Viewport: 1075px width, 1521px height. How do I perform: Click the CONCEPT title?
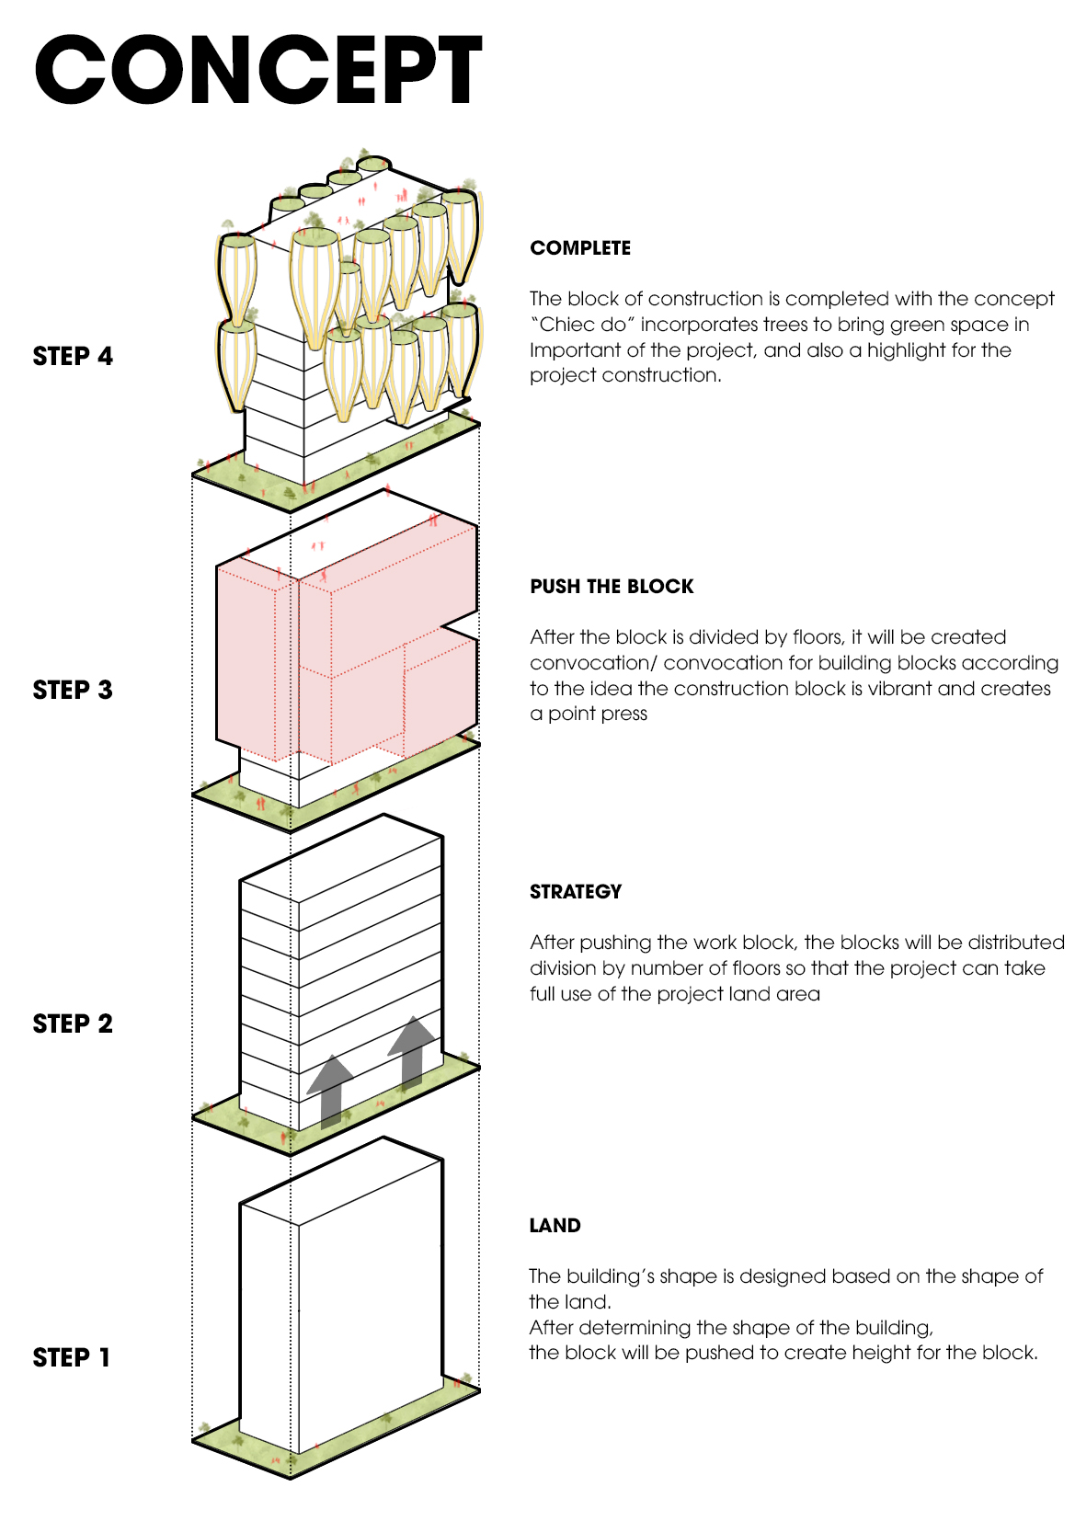258,70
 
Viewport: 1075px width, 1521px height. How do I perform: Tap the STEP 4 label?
73,356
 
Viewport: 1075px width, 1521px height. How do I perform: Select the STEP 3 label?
73,690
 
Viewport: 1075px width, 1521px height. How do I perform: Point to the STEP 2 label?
73,1024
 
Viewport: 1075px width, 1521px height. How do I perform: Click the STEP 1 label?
72,1357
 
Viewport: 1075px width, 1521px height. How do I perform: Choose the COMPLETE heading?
580,248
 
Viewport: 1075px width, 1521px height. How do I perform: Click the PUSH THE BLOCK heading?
612,586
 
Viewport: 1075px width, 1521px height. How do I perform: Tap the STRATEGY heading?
575,892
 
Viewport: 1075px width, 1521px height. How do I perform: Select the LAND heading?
555,1226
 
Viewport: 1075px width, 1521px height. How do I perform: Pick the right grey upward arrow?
412,1053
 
